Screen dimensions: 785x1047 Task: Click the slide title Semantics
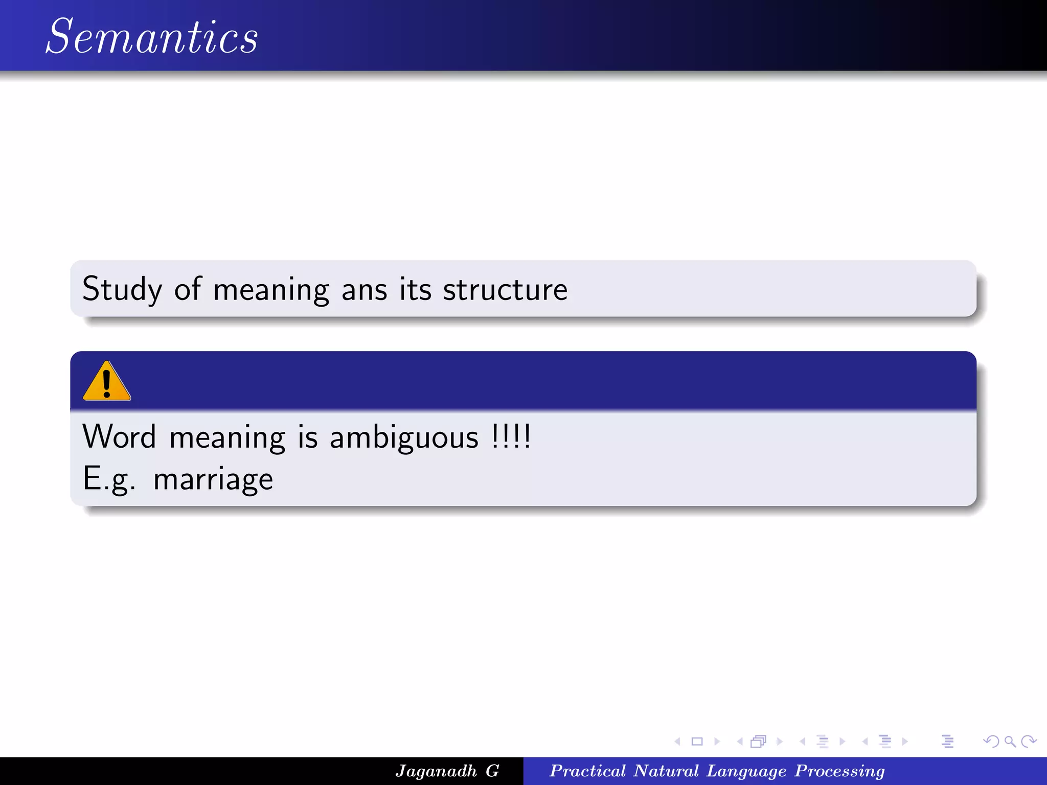(x=152, y=37)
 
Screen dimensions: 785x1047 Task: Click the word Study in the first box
(x=122, y=290)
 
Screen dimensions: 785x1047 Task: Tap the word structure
(x=505, y=290)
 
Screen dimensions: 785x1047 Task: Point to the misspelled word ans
(x=364, y=290)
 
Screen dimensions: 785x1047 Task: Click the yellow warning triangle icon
(x=106, y=382)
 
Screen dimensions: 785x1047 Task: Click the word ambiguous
(x=404, y=438)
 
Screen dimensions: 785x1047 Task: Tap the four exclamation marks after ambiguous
(x=511, y=437)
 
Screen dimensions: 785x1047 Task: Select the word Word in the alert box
(x=119, y=437)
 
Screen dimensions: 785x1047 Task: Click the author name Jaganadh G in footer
(x=447, y=771)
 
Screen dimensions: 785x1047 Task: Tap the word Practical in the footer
(x=587, y=771)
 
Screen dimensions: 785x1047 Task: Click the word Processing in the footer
(x=839, y=771)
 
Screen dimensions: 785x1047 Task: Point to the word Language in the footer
(x=746, y=771)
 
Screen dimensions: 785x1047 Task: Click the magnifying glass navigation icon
(x=1010, y=741)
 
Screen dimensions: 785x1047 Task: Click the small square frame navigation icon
(x=697, y=741)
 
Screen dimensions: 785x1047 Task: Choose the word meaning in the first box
(x=271, y=290)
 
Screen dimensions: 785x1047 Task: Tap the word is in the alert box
(x=308, y=438)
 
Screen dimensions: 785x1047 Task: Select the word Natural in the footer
(x=666, y=771)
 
